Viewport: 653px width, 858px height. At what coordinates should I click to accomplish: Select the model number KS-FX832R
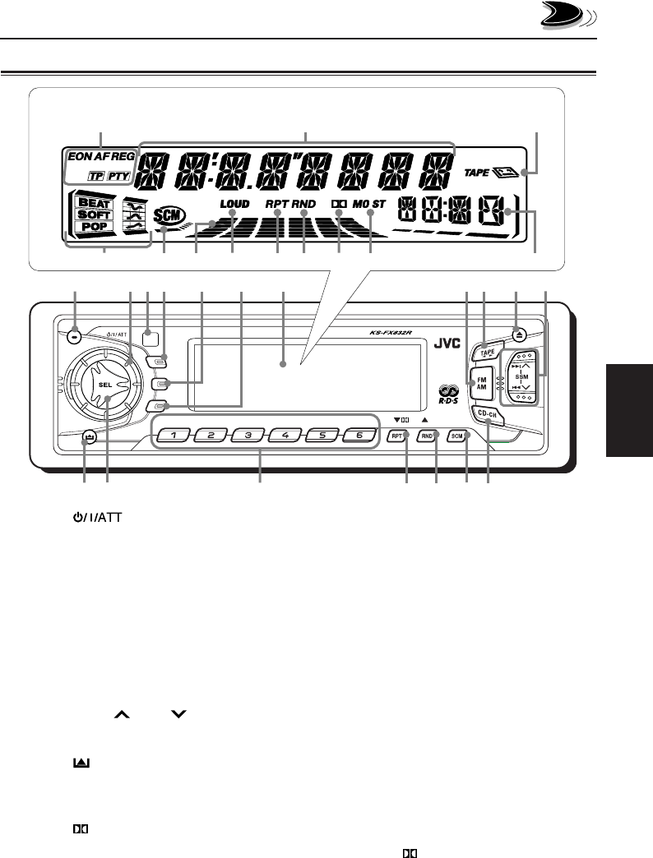388,333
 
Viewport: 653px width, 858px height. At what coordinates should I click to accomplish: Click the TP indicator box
96,176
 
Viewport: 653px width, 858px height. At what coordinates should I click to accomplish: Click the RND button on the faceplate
426,436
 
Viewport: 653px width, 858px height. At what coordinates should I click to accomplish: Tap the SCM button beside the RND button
457,436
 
